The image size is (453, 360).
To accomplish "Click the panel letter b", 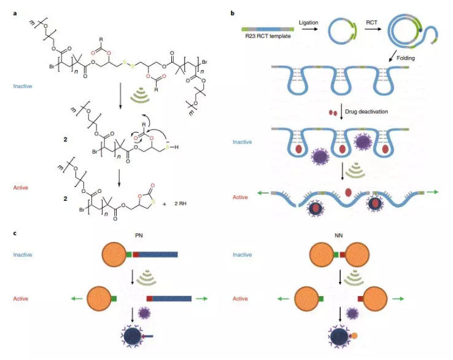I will point(231,12).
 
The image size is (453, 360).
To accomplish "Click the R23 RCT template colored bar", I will point(266,28).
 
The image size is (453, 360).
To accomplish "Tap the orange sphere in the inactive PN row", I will point(115,252).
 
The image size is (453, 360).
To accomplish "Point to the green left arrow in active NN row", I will point(283,299).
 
